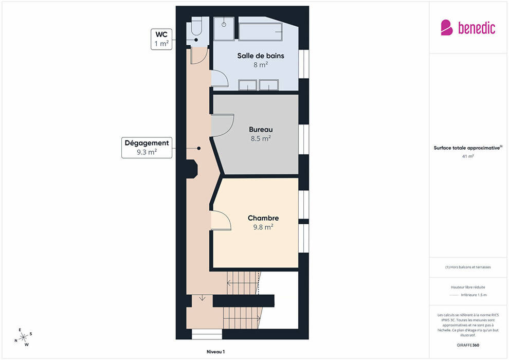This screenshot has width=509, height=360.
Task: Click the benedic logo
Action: (x=468, y=28)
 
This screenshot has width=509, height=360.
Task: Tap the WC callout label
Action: (x=161, y=39)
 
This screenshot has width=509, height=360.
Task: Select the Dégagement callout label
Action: (x=147, y=148)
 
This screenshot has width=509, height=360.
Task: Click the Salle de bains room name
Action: (x=261, y=56)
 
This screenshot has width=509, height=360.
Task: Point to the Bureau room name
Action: (x=261, y=130)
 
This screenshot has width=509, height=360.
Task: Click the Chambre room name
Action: (x=263, y=218)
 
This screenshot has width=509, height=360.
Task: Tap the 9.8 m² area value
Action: (x=263, y=227)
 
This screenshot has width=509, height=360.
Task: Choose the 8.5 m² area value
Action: (x=261, y=138)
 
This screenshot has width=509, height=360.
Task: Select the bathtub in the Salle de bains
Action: (x=260, y=32)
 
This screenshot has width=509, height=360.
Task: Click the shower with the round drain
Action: (x=224, y=29)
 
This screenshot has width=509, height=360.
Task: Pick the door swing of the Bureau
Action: (x=223, y=125)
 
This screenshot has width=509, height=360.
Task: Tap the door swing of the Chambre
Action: (x=221, y=221)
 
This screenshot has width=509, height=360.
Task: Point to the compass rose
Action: (x=23, y=337)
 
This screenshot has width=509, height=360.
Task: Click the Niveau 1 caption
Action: (x=215, y=352)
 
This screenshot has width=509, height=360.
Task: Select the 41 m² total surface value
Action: (x=468, y=156)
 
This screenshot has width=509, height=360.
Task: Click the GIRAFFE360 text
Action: (x=468, y=345)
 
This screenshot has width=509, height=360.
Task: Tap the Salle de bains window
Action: (x=303, y=64)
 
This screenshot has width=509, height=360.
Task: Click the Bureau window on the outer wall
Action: (x=303, y=139)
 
